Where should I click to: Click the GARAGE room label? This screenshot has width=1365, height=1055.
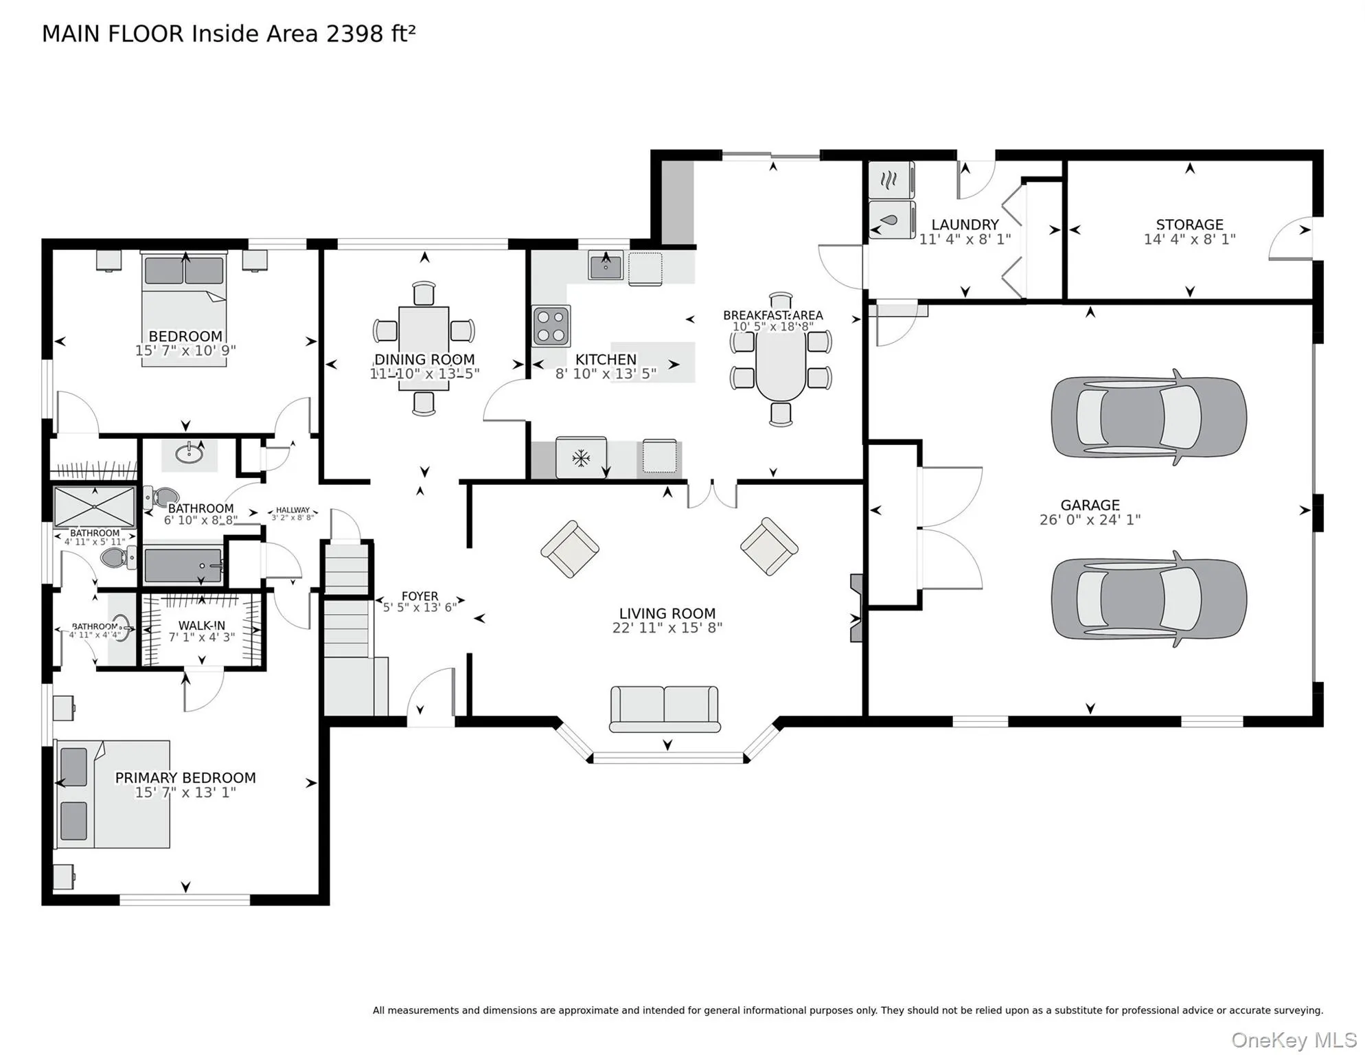click(x=1090, y=505)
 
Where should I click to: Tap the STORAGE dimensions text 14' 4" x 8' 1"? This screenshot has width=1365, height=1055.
click(x=1189, y=239)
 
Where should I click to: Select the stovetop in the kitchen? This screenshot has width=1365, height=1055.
click(x=551, y=326)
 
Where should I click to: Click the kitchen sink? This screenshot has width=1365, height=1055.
click(x=605, y=266)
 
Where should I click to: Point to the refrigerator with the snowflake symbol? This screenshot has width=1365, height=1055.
click(x=581, y=457)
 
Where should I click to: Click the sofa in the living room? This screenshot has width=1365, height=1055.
click(x=665, y=709)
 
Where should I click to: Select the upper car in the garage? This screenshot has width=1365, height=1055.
click(x=1149, y=417)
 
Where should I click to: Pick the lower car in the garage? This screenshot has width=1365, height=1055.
click(x=1149, y=598)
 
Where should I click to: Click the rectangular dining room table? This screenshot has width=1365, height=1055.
click(x=424, y=348)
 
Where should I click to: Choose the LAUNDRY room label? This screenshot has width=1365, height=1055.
click(x=965, y=225)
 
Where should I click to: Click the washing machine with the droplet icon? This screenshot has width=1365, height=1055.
click(x=891, y=220)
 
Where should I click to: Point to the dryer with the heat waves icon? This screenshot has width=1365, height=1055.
click(x=891, y=180)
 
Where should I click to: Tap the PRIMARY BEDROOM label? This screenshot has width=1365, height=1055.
click(x=185, y=778)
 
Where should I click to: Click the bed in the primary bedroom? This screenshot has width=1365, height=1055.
click(x=113, y=794)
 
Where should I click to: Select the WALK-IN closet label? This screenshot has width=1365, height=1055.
click(x=202, y=626)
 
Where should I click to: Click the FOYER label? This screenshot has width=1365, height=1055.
click(x=420, y=596)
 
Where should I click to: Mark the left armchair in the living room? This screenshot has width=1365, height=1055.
click(x=570, y=549)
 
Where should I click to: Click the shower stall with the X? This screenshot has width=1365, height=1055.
click(x=95, y=507)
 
